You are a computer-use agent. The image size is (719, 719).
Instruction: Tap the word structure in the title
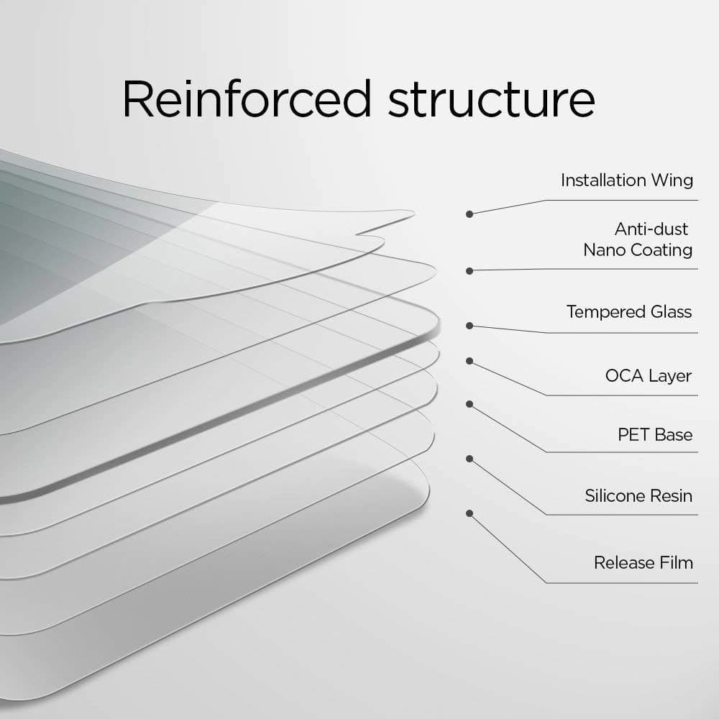pos(492,101)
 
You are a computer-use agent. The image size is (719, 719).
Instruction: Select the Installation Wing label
pos(626,180)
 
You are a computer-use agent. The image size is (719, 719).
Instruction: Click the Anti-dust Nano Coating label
pos(638,239)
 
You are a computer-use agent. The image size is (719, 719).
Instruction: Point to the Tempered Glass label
pos(629,312)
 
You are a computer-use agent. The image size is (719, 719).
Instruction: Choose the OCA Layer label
pos(649,376)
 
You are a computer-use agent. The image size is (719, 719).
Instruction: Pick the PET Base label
pos(655,435)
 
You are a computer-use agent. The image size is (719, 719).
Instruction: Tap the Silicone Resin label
pos(638,495)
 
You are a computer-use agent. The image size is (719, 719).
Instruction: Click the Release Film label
pos(644,562)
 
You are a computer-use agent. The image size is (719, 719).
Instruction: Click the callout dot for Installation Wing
pos(470,214)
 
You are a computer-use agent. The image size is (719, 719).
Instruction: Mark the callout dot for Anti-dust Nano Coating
pos(470,271)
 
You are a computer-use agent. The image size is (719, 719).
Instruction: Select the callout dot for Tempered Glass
pos(470,326)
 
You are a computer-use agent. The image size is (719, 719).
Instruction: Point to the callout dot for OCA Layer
pos(470,360)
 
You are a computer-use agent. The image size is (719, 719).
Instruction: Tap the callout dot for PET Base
pos(470,404)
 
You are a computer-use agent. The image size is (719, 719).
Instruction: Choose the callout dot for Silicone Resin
pos(470,457)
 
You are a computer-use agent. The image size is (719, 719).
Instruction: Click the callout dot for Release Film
pos(470,513)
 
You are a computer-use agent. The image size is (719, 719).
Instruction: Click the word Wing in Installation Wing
pos(672,180)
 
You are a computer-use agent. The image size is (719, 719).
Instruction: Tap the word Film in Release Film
pos(677,562)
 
